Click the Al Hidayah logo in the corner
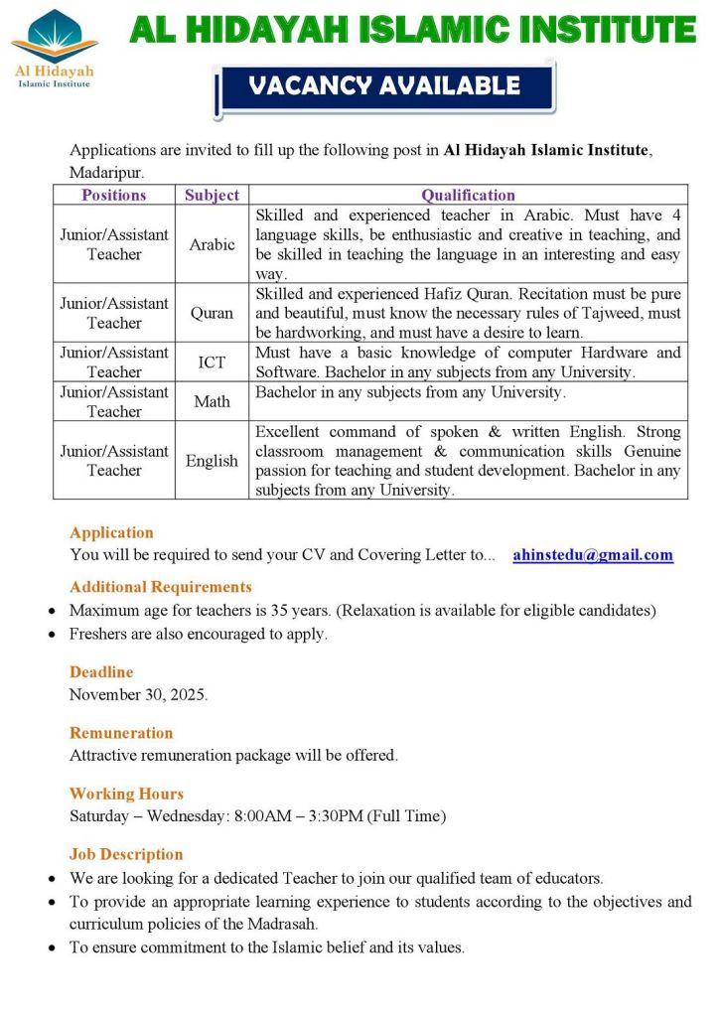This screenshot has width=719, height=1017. (x=55, y=49)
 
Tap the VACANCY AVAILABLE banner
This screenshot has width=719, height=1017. (x=384, y=86)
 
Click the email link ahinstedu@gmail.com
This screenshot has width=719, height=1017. (x=593, y=555)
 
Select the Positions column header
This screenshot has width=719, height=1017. (x=114, y=196)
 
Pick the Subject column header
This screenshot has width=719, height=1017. (x=212, y=196)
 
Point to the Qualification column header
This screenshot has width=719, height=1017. (x=468, y=196)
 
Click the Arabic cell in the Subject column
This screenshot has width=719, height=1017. (x=212, y=244)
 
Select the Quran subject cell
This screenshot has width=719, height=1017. (x=212, y=313)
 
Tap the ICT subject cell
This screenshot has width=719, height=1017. (x=212, y=363)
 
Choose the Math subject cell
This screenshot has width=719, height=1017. (x=212, y=401)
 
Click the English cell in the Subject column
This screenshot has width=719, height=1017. (x=212, y=460)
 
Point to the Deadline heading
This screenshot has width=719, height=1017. (x=101, y=672)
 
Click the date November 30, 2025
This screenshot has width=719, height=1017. (x=138, y=694)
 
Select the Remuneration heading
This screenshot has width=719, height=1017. (x=121, y=733)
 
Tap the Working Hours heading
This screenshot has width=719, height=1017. (x=126, y=794)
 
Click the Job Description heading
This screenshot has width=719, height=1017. (x=126, y=854)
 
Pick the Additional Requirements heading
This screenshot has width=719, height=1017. (x=161, y=587)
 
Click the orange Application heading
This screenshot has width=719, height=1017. (x=111, y=532)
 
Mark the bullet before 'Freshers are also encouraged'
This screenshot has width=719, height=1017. (x=52, y=635)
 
